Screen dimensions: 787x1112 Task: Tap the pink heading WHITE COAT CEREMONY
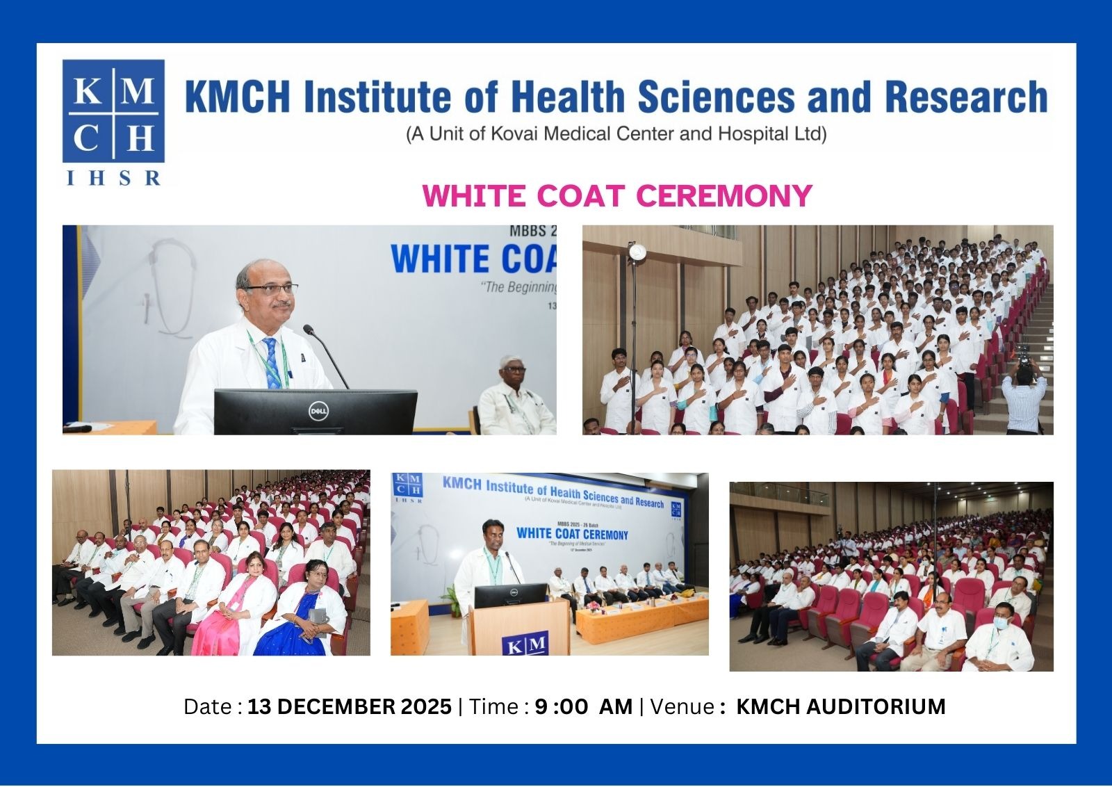pyautogui.click(x=617, y=195)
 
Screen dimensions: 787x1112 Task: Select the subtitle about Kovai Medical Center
pyautogui.click(x=616, y=133)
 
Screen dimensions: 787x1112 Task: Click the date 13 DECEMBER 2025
pyautogui.click(x=350, y=706)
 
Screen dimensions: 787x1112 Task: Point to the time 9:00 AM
pyautogui.click(x=583, y=706)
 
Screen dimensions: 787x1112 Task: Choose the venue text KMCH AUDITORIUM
pyautogui.click(x=840, y=706)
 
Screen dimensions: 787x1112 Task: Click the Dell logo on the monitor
pyautogui.click(x=318, y=411)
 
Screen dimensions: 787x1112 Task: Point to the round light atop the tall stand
pyautogui.click(x=636, y=252)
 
